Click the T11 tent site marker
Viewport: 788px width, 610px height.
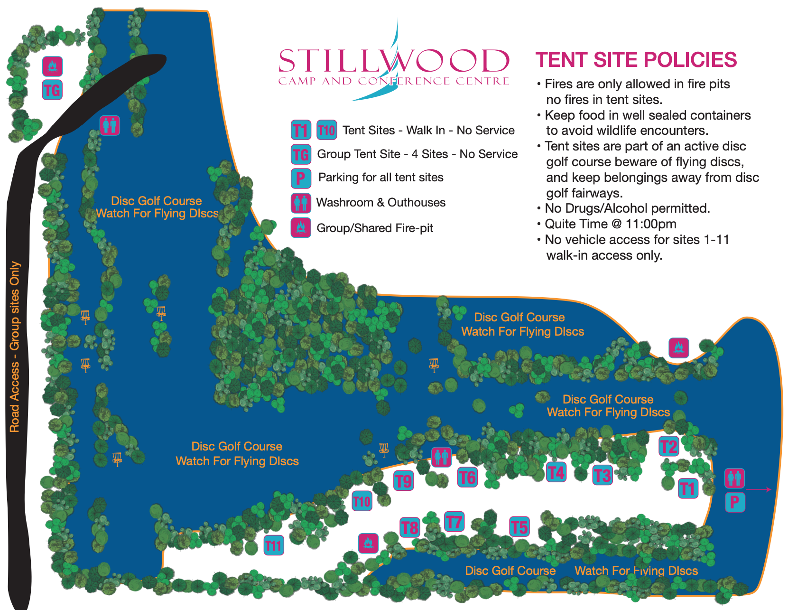(274, 545)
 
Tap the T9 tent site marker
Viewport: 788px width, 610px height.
(404, 481)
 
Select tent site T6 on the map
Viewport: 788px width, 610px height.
(467, 477)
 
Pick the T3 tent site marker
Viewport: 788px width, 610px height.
(603, 475)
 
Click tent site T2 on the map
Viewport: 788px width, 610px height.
(669, 446)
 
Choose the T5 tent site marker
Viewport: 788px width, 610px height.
(519, 526)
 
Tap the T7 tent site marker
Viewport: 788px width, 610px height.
(454, 522)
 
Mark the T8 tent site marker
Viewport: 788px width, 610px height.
(409, 527)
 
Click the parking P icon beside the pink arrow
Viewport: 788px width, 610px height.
(735, 502)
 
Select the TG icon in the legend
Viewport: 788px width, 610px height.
(301, 154)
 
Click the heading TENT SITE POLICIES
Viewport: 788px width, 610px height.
(636, 60)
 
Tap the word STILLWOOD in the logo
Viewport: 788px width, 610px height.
(394, 61)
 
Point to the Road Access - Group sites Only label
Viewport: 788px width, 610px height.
(15, 347)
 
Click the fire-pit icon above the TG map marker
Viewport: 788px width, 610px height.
(53, 66)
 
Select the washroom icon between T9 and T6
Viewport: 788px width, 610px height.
(441, 457)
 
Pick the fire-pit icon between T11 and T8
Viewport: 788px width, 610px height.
(368, 543)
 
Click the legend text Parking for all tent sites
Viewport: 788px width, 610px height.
(380, 178)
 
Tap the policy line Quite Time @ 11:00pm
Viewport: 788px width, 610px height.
(610, 224)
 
